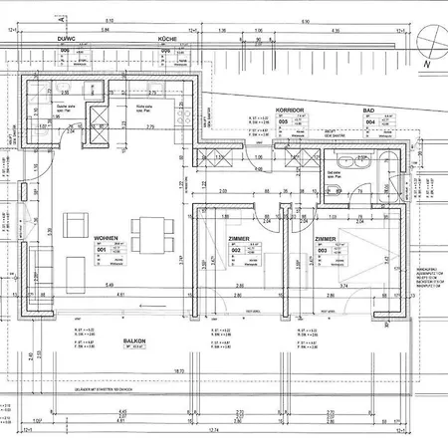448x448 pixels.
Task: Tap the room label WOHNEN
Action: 107,240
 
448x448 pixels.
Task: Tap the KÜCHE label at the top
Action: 166,38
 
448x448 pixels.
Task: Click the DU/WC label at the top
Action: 68,38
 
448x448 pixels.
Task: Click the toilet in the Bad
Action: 343,163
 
